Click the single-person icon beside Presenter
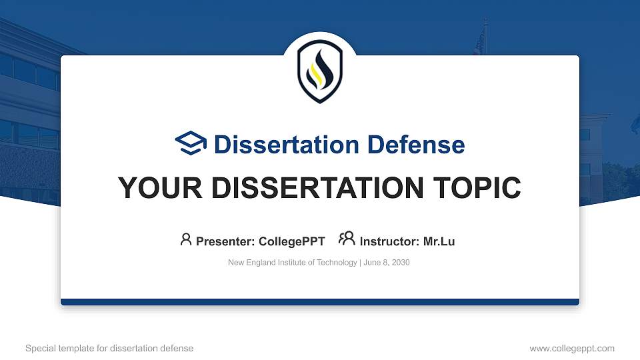point(186,239)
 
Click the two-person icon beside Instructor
point(347,239)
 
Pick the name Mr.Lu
point(439,241)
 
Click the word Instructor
point(389,241)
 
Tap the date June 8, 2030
point(387,263)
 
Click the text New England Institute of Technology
point(292,263)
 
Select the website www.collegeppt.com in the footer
point(572,349)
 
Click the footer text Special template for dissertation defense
point(109,349)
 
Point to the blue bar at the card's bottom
point(320,302)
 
